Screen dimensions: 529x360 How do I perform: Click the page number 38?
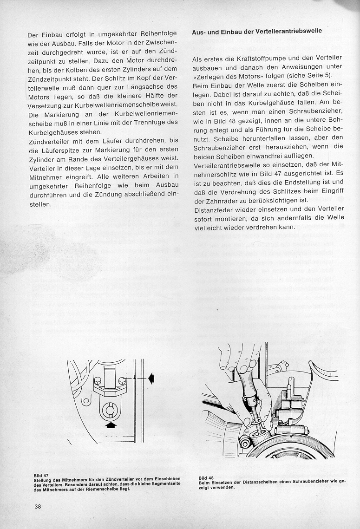coord(37,506)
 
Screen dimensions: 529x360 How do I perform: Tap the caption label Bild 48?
coord(206,478)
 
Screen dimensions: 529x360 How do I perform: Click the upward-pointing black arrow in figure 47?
coord(111,424)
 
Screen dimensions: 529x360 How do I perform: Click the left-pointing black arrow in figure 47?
coord(151,379)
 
